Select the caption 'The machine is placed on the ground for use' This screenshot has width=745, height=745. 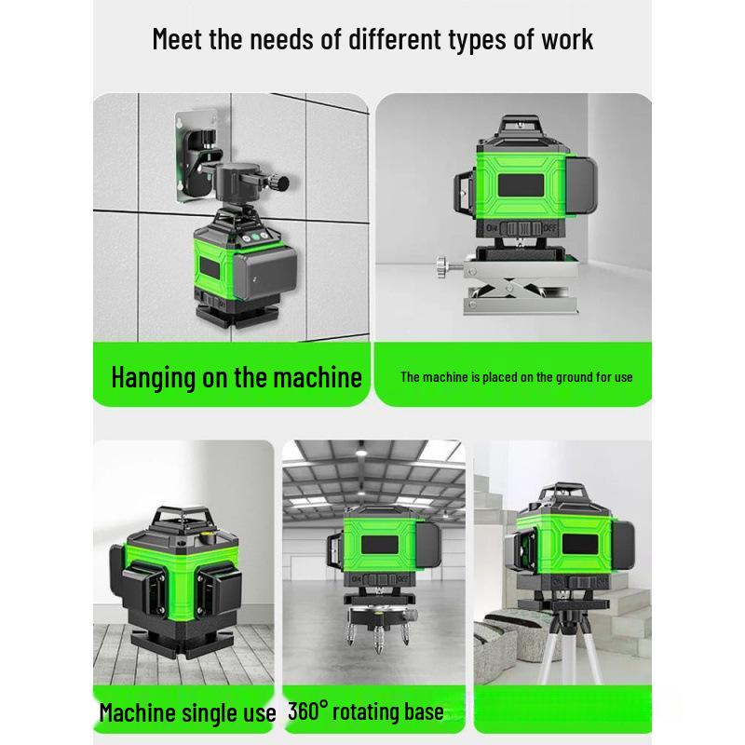tap(516, 377)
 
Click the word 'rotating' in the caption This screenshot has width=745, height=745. tap(369, 712)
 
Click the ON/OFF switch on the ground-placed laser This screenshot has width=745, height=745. tap(519, 226)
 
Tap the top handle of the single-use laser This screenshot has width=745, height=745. tap(182, 514)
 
